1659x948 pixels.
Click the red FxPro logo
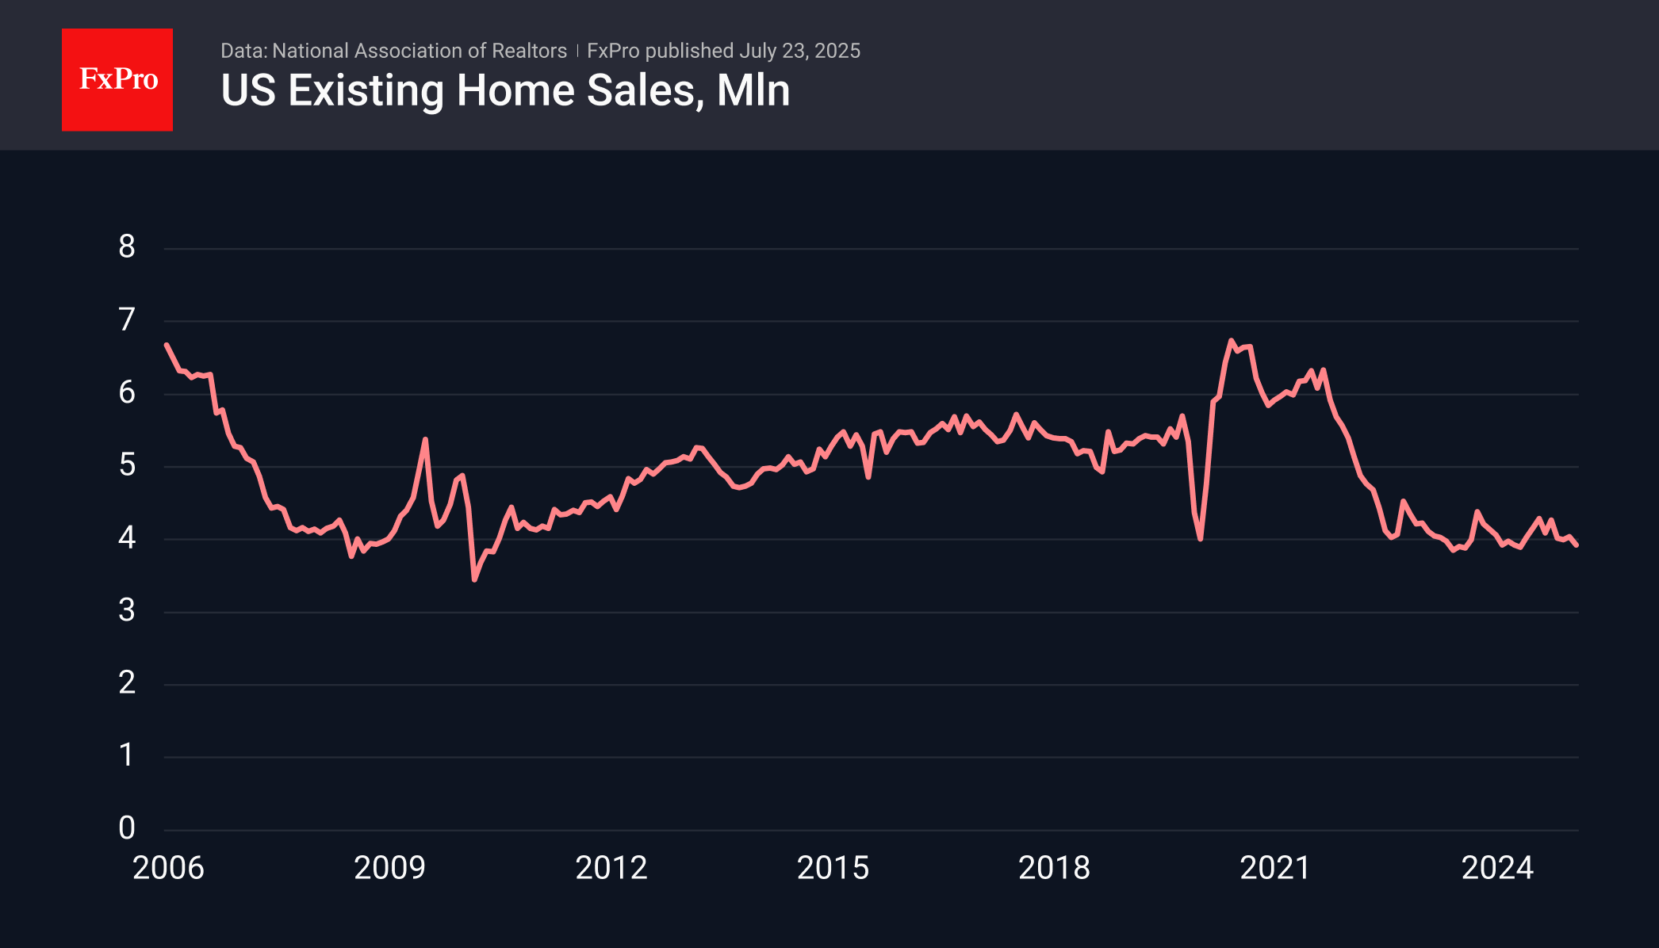pos(117,80)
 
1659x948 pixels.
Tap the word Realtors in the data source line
pos(529,51)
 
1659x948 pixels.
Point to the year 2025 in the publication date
pos(837,51)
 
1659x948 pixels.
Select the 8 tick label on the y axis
pos(127,247)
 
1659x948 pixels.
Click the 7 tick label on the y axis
pos(127,320)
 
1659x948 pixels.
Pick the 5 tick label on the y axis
pos(127,465)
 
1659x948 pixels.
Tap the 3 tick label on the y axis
pos(127,611)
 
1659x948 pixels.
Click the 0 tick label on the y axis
pos(127,828)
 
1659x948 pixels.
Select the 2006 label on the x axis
pos(168,869)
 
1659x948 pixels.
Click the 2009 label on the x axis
pos(389,869)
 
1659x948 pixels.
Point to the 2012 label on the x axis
pos(611,869)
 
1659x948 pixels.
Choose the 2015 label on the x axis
pos(833,869)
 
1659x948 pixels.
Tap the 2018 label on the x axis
pos(1054,869)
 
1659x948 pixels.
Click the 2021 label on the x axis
pos(1275,869)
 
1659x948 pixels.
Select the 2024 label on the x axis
pos(1497,869)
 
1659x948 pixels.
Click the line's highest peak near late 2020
pos(1231,341)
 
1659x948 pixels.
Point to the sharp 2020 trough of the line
pos(1201,539)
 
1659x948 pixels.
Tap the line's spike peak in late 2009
pos(426,439)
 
